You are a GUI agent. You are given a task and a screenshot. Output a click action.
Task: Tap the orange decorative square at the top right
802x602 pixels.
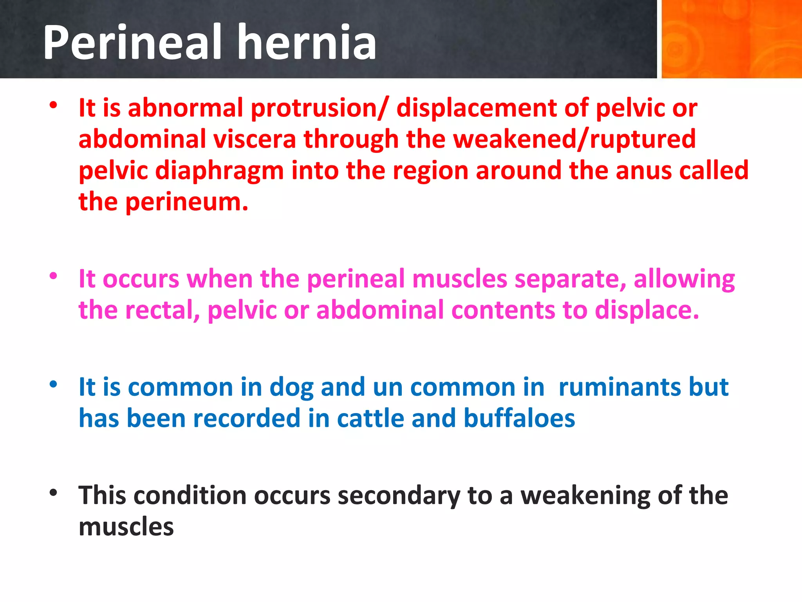(731, 39)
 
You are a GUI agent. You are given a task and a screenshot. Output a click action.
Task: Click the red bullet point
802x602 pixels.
(54, 105)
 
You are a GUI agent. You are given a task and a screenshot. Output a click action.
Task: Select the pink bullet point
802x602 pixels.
(54, 276)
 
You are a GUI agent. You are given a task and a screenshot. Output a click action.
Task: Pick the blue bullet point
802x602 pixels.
(54, 384)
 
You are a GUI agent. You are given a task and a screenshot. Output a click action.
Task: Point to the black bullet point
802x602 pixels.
(54, 492)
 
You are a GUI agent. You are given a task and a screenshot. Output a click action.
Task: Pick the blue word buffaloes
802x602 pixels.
(519, 419)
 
